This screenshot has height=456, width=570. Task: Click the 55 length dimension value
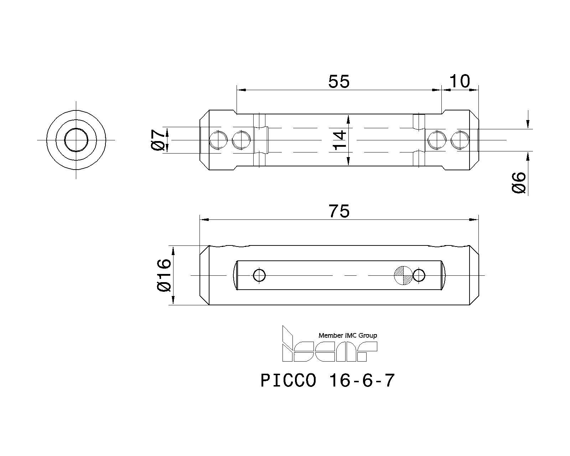click(339, 82)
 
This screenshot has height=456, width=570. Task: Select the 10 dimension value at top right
click(460, 82)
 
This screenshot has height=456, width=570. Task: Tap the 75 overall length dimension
click(339, 212)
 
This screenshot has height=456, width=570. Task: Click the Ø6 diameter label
click(519, 183)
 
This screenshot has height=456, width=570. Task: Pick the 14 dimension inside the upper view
click(340, 140)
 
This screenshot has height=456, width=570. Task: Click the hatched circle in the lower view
click(403, 275)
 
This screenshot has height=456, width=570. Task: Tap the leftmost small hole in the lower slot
click(259, 275)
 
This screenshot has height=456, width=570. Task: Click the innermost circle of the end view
click(76, 140)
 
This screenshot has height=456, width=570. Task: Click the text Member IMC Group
click(347, 335)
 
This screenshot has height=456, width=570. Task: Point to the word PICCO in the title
click(288, 381)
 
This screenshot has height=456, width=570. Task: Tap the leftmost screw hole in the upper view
click(218, 140)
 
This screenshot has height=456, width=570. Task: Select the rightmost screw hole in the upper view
click(460, 140)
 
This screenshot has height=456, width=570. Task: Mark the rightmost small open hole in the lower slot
click(419, 275)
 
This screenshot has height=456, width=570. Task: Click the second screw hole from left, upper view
click(241, 140)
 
